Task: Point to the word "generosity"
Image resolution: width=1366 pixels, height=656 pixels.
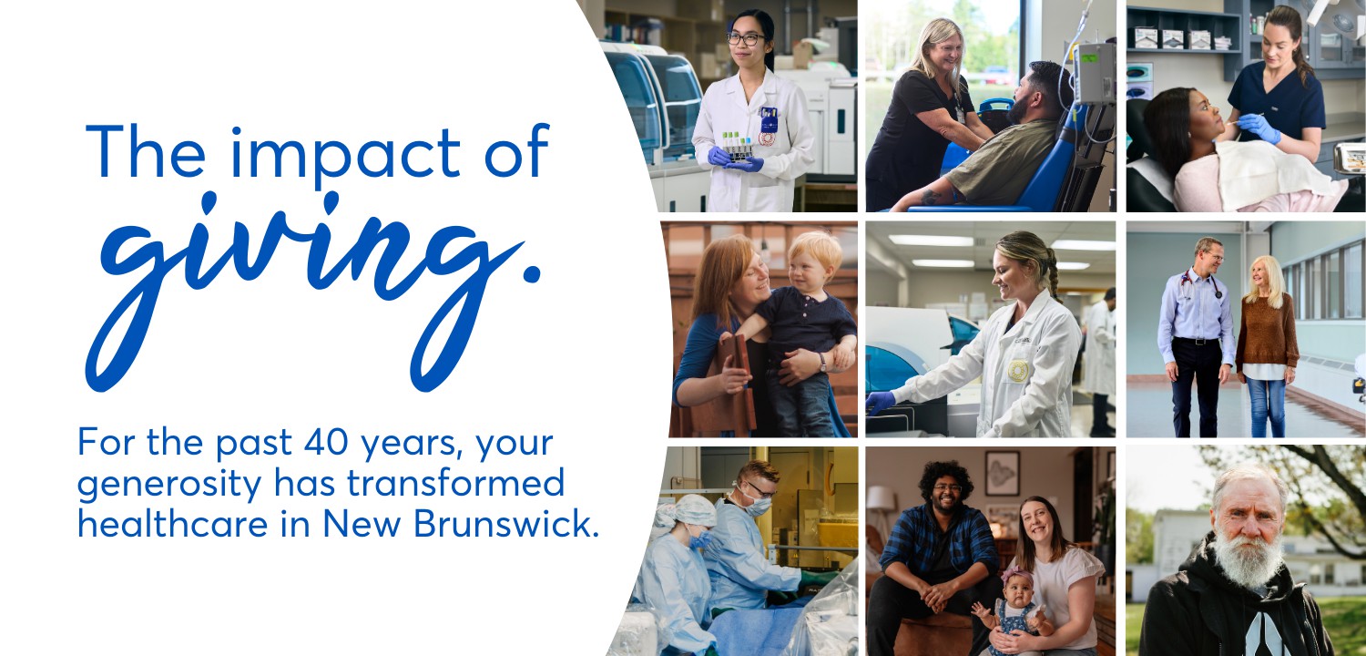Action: [169, 485]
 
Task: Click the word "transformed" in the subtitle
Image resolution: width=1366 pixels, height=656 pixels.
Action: [455, 483]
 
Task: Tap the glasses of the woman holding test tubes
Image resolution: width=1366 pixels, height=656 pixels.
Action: [745, 38]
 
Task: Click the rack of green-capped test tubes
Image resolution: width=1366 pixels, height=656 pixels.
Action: [738, 145]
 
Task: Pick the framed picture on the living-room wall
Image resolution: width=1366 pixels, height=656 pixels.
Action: [1002, 473]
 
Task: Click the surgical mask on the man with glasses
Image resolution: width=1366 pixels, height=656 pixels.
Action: [758, 506]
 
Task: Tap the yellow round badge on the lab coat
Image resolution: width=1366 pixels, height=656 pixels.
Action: [1017, 370]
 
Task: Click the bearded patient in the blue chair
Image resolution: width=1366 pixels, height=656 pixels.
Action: [1000, 141]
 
